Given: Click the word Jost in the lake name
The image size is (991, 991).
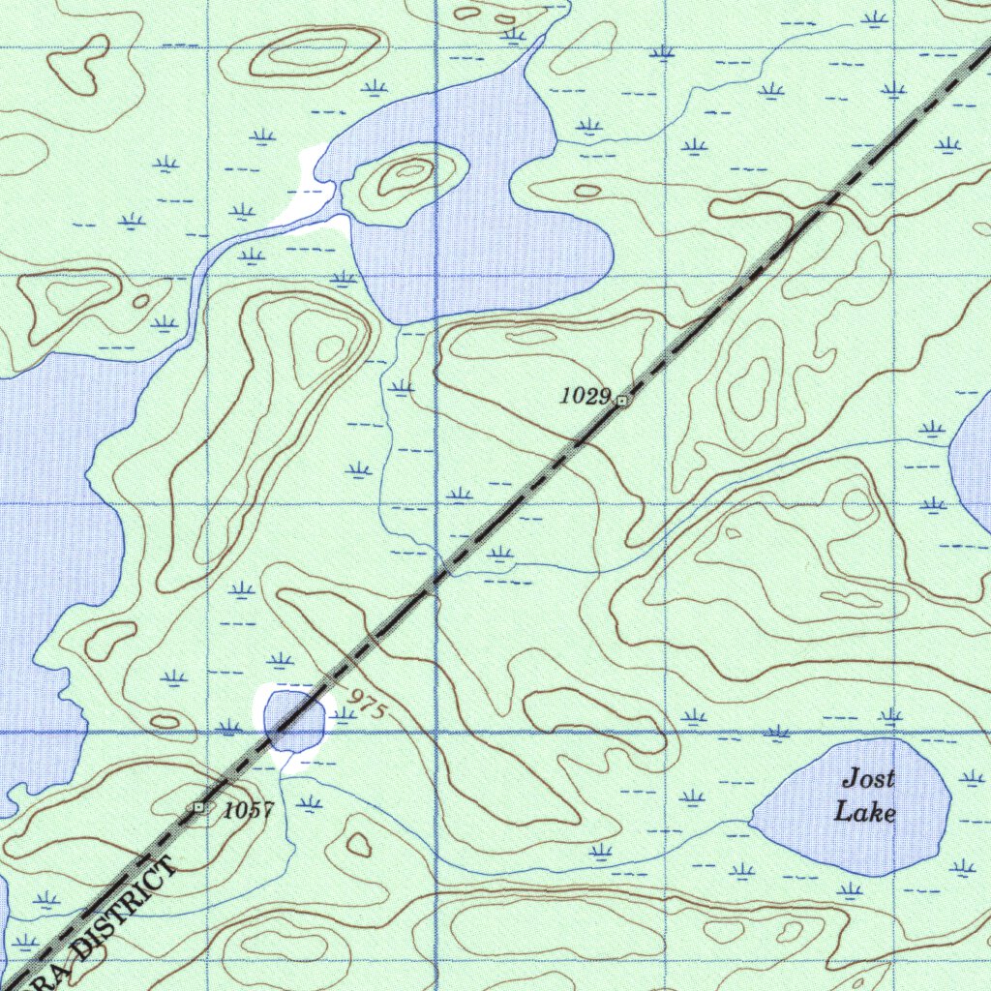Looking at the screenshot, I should point(867,778).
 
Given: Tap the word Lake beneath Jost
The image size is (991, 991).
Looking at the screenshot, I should point(864,812).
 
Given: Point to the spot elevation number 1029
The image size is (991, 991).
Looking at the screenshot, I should point(585,395).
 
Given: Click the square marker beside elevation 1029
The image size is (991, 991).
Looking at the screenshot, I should point(621,399).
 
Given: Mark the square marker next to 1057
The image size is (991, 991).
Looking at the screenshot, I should point(199,806).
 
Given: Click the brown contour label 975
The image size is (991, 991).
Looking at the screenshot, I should point(367,705).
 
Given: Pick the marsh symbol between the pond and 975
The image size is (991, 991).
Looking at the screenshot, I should point(343,715).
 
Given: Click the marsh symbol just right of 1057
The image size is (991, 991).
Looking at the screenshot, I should point(309,803).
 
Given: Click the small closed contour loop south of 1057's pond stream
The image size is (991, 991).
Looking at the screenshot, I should point(359,845).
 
